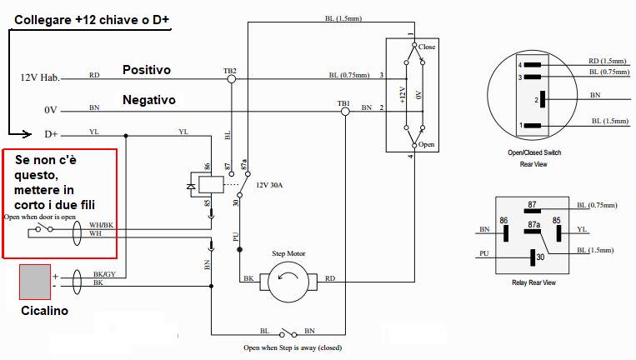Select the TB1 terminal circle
coord(344,112)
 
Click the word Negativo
coord(148,100)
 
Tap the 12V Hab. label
coord(40,77)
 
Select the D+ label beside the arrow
coord(51,133)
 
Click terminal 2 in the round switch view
coord(543,99)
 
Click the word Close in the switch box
coord(427,47)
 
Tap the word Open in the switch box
coord(427,143)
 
